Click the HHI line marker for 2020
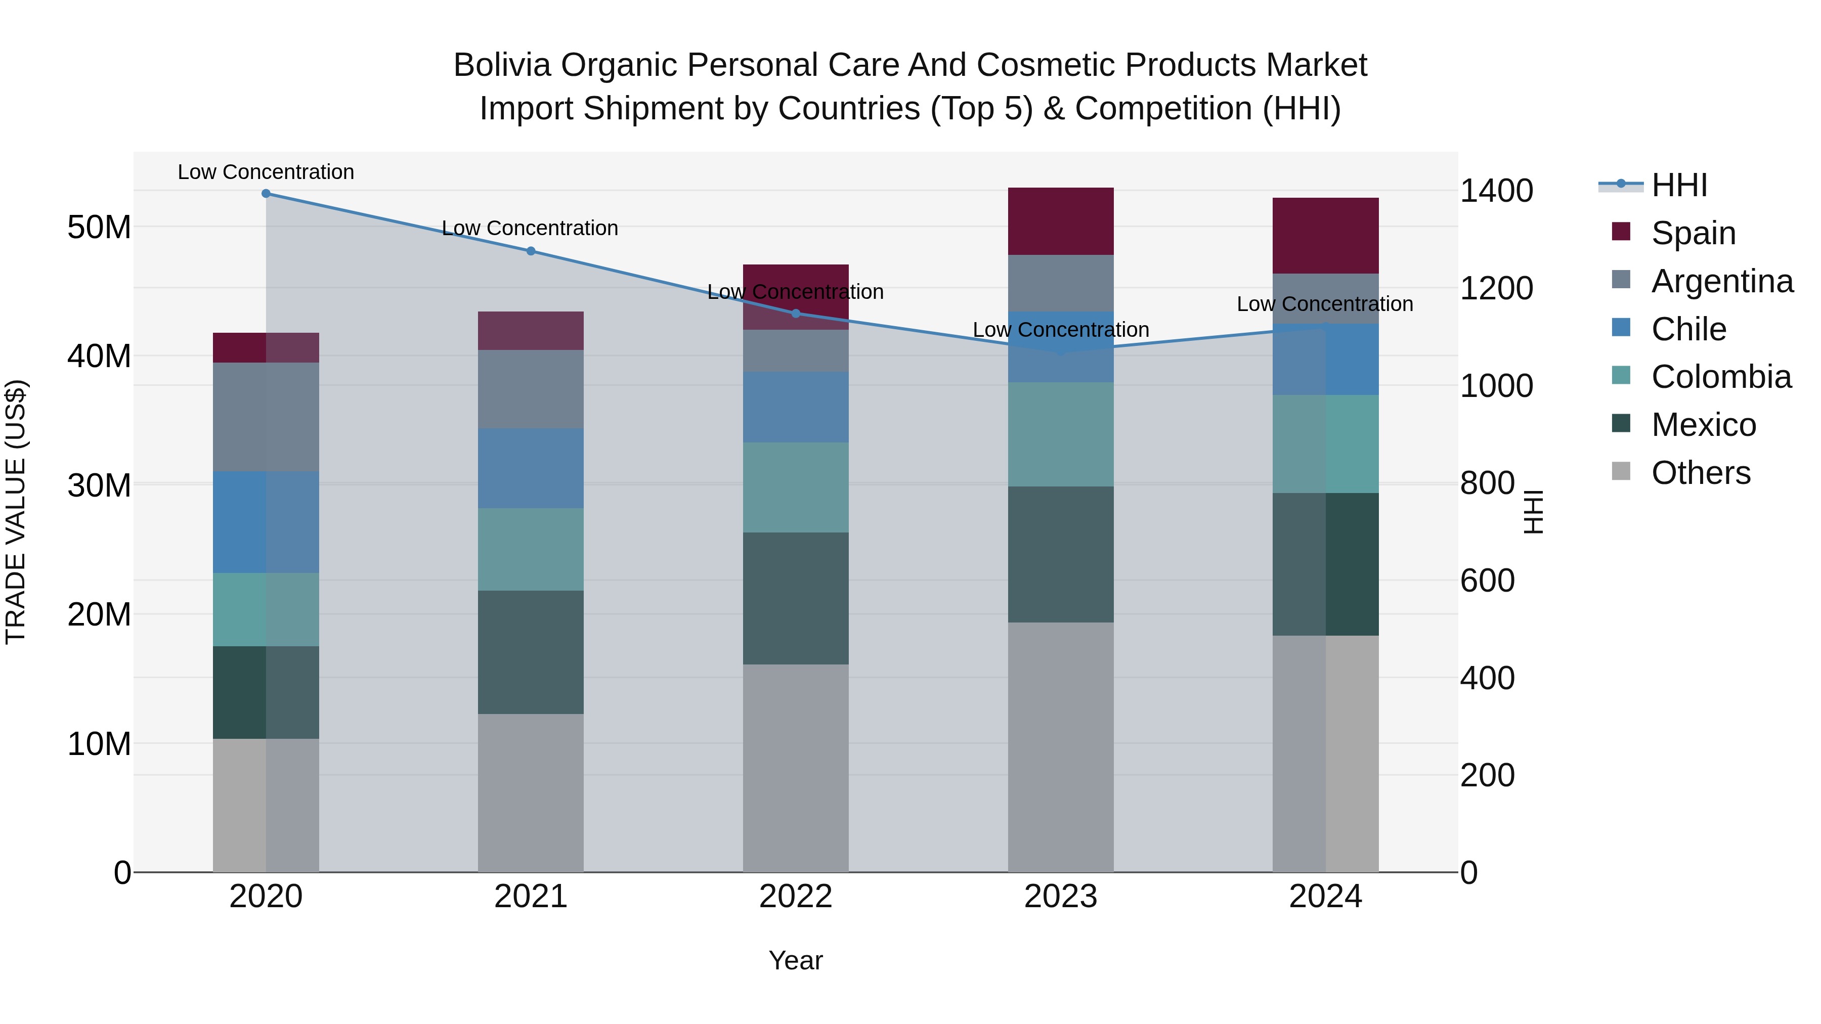[266, 194]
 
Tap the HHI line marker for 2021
[531, 251]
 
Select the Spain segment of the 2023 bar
[1060, 221]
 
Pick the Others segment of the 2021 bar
[531, 792]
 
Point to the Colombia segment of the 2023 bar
[1060, 434]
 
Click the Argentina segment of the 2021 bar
[531, 389]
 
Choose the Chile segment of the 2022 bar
[795, 407]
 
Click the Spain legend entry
[1693, 233]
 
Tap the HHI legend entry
[1679, 185]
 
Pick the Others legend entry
[1700, 473]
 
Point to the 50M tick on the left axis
[99, 228]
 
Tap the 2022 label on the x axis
[795, 897]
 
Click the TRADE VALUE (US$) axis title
[16, 512]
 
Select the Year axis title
[795, 960]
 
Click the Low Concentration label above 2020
[266, 172]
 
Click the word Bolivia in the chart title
[501, 65]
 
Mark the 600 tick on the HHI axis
[1487, 581]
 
